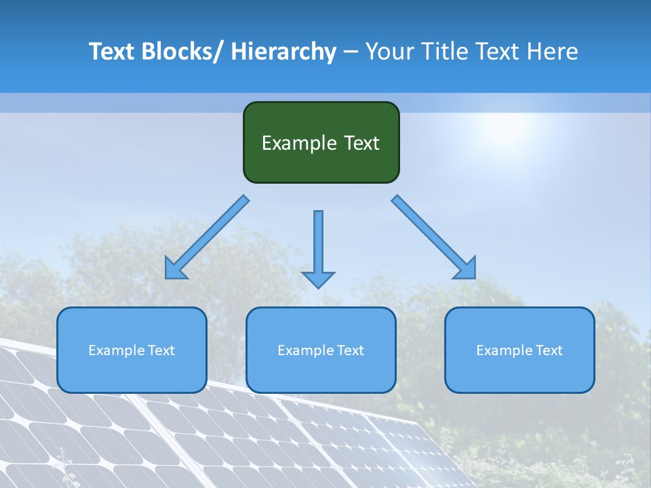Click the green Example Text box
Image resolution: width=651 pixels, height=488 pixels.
pyautogui.click(x=321, y=142)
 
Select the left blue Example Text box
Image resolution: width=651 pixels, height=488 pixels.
pyautogui.click(x=132, y=350)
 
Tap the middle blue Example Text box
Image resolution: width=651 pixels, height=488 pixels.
pyautogui.click(x=321, y=350)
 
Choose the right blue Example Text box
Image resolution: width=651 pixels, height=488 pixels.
pyautogui.click(x=519, y=350)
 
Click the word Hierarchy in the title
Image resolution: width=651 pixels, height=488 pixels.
pyautogui.click(x=283, y=52)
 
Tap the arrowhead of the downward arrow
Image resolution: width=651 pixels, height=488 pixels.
pyautogui.click(x=318, y=279)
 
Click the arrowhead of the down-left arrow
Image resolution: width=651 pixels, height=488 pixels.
pyautogui.click(x=175, y=269)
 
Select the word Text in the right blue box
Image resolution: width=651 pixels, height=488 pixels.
pyautogui.click(x=549, y=350)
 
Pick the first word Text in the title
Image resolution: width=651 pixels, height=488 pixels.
pyautogui.click(x=113, y=52)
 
